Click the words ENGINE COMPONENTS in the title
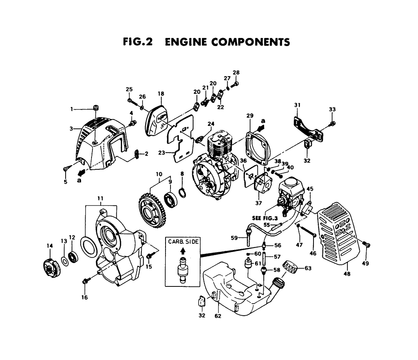pos(227,42)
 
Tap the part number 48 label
pos(347,273)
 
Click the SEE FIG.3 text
pos(265,218)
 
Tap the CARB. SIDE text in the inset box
pos(183,242)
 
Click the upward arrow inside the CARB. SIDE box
pos(183,251)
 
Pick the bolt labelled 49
pos(367,244)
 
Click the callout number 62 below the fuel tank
pos(218,316)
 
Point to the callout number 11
pos(100,199)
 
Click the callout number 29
pos(250,115)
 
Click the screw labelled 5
pos(66,169)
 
